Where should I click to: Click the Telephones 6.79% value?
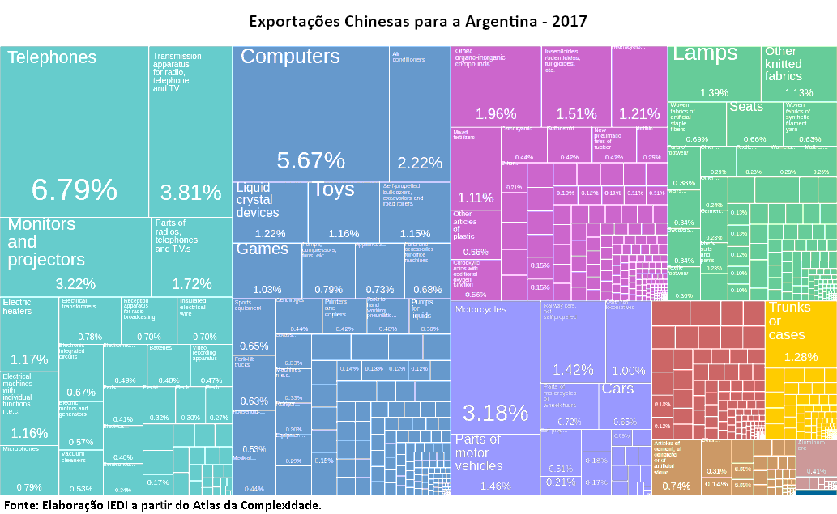click(75, 189)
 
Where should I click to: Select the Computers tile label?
click(290, 57)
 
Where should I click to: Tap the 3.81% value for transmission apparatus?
click(190, 193)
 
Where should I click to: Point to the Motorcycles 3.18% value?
click(495, 413)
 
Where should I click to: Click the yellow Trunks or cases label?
click(787, 321)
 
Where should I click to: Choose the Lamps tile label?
click(705, 54)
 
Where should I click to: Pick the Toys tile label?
click(334, 189)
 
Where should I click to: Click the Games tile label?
click(262, 249)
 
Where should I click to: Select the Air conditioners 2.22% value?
click(420, 163)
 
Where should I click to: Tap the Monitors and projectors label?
click(46, 241)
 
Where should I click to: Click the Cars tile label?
click(617, 389)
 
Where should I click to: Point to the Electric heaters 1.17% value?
click(29, 359)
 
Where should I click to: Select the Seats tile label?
click(745, 107)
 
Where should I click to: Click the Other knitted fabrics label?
click(783, 64)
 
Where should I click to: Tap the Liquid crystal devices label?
click(258, 200)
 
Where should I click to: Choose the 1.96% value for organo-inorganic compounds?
click(496, 114)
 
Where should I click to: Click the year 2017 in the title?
click(570, 19)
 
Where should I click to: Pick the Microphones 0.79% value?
click(29, 487)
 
